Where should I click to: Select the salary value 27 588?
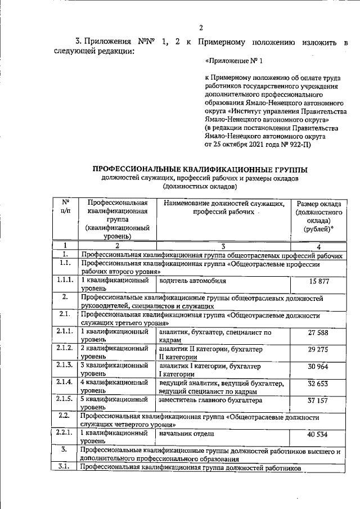[318, 332]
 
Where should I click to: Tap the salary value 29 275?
[318, 350]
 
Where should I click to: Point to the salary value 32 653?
[318, 384]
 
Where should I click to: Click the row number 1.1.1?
[65, 280]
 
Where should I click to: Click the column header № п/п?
[65, 207]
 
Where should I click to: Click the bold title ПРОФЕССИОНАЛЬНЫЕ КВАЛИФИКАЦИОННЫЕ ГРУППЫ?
[200, 169]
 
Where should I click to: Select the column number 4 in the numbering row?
[318, 246]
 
